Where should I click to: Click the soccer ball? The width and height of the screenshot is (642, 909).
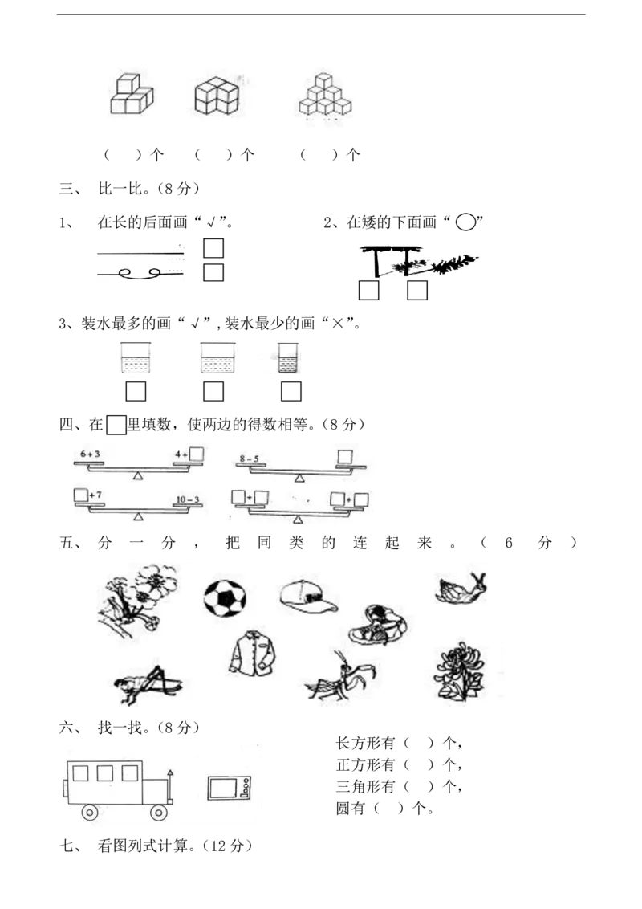(x=225, y=597)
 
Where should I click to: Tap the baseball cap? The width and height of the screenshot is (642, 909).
(x=308, y=597)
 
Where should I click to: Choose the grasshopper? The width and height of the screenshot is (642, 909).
(x=147, y=683)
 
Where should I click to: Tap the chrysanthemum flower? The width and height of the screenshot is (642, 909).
(x=460, y=666)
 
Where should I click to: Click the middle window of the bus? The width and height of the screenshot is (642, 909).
(x=104, y=773)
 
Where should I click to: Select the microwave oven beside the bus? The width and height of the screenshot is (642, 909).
(x=230, y=788)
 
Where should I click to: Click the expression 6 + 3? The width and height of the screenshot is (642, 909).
(x=91, y=454)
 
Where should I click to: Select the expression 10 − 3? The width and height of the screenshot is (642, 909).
(x=187, y=499)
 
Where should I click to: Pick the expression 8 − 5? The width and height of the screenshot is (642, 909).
(x=249, y=459)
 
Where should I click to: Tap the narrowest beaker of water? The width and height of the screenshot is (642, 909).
(x=288, y=357)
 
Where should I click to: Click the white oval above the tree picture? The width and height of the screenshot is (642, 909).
(x=465, y=222)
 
